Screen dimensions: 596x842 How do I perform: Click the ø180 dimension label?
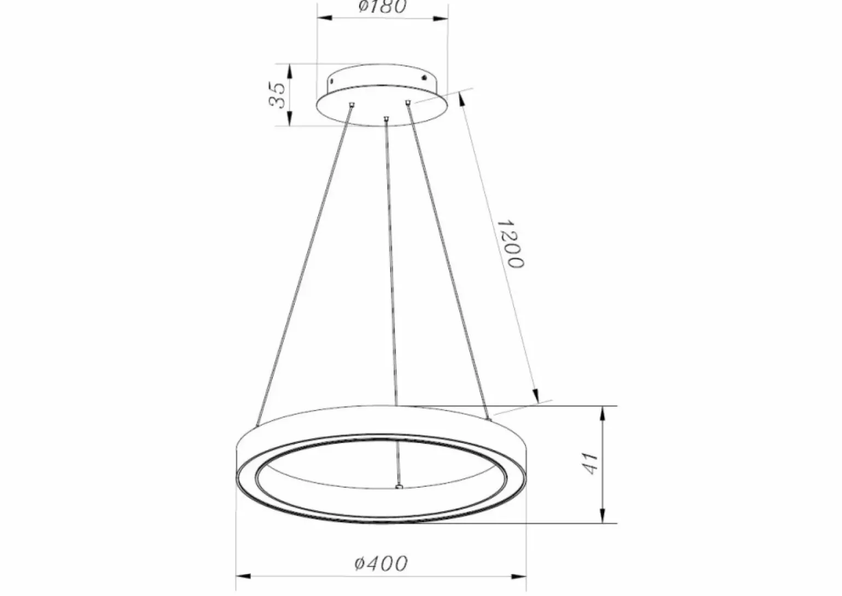(x=383, y=7)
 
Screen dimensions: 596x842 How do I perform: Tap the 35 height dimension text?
(x=278, y=95)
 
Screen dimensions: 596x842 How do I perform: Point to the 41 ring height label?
(x=590, y=464)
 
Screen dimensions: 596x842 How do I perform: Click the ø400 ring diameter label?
(x=381, y=563)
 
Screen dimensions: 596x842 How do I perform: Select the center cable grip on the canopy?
(x=386, y=118)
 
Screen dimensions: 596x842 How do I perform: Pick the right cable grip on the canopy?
(x=407, y=102)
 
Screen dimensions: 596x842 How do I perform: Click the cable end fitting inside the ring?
(x=399, y=486)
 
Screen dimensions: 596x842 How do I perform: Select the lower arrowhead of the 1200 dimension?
(x=536, y=396)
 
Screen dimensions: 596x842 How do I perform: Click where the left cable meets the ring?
(x=257, y=424)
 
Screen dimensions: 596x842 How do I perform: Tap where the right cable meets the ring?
(x=488, y=419)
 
